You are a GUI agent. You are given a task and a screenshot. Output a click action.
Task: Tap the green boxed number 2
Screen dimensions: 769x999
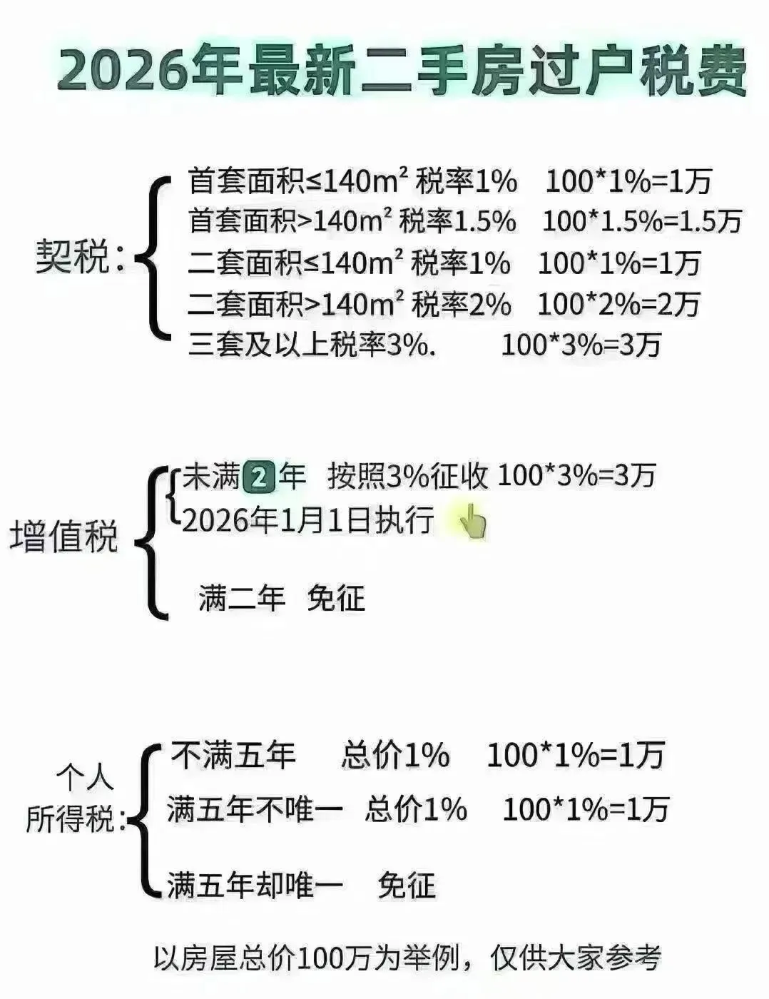(259, 477)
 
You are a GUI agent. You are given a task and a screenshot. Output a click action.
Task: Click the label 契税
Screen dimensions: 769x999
(72, 257)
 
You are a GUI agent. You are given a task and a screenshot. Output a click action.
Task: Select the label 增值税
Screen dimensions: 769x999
(63, 537)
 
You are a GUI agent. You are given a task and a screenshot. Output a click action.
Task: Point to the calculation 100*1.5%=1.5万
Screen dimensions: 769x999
(642, 221)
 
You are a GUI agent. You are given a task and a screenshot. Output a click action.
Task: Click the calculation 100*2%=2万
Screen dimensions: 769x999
(618, 305)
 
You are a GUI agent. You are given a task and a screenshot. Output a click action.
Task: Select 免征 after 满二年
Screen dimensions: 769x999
(335, 598)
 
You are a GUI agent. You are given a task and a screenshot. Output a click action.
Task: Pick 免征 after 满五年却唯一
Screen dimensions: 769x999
(407, 886)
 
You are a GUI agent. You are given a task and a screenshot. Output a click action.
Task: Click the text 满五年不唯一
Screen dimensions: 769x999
(255, 810)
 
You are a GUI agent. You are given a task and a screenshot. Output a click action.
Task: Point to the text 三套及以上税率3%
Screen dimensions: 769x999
(312, 346)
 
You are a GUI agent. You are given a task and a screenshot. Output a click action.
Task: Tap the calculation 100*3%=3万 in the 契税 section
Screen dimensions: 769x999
(581, 346)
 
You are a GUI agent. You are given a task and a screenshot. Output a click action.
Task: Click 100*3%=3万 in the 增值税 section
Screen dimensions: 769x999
(576, 476)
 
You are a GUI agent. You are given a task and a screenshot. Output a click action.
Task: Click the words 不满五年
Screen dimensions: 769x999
(233, 755)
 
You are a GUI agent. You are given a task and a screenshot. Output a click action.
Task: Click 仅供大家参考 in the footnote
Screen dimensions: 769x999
(575, 958)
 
